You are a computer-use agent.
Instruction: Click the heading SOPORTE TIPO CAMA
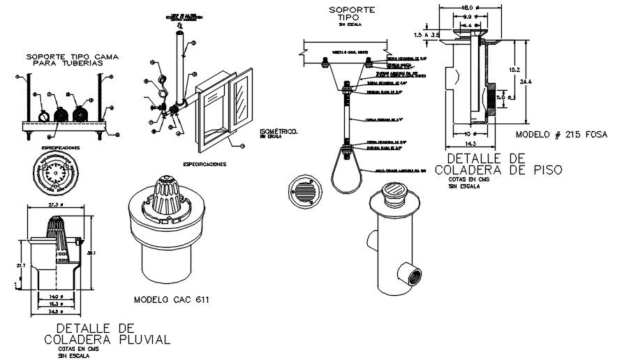64,56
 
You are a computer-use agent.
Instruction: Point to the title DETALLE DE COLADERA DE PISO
498,163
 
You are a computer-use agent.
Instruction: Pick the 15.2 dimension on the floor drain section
512,70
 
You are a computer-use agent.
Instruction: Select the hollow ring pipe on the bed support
44,116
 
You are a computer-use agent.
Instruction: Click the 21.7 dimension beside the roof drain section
20,267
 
